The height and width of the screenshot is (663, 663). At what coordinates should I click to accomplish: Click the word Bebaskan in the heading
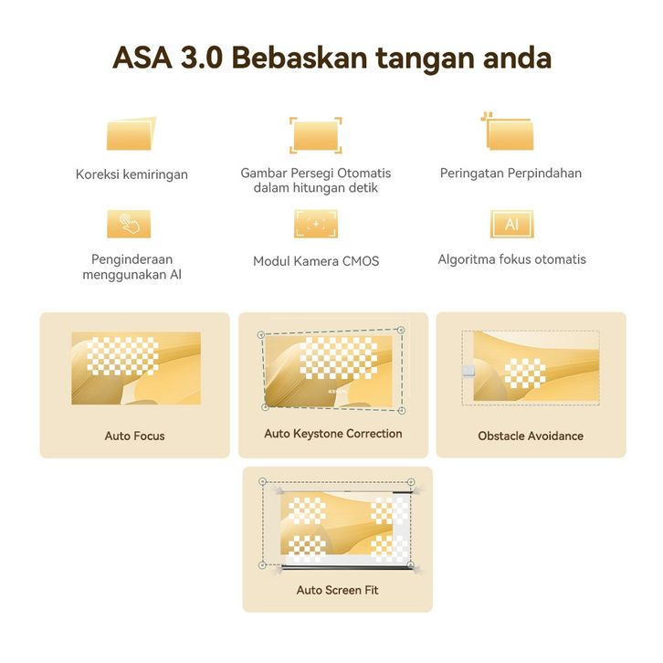click(300, 58)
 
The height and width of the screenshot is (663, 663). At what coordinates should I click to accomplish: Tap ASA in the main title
click(142, 58)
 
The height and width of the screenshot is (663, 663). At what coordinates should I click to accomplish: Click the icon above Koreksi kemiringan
click(132, 133)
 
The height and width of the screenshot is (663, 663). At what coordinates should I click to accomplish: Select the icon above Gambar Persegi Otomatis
click(315, 135)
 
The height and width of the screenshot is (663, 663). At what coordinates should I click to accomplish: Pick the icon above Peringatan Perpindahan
click(508, 132)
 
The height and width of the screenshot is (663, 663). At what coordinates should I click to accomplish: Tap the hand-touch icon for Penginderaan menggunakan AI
click(129, 224)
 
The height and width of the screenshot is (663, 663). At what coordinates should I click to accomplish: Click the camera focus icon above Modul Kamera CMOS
click(316, 224)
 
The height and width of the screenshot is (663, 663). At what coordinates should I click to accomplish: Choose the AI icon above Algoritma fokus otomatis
click(511, 224)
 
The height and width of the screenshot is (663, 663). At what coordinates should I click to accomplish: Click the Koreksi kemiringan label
click(132, 174)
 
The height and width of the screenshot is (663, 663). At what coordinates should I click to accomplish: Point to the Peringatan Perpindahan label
click(510, 173)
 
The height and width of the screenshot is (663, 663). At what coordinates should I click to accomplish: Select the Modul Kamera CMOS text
click(316, 261)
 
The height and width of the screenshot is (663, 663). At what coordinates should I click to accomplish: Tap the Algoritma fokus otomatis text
click(511, 259)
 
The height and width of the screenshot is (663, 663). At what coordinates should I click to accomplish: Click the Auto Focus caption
click(134, 436)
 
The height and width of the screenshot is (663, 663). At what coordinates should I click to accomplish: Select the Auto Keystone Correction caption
click(333, 434)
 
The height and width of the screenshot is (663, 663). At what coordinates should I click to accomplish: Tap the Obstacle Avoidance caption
click(531, 436)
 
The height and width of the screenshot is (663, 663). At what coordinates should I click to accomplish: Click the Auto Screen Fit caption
click(337, 590)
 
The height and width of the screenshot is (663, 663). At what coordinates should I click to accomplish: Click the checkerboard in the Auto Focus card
click(122, 356)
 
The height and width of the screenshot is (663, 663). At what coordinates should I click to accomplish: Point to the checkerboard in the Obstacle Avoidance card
click(525, 374)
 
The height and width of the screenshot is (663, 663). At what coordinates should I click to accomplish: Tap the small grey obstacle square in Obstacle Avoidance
click(468, 371)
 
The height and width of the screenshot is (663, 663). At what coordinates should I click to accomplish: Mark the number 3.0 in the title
click(202, 58)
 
